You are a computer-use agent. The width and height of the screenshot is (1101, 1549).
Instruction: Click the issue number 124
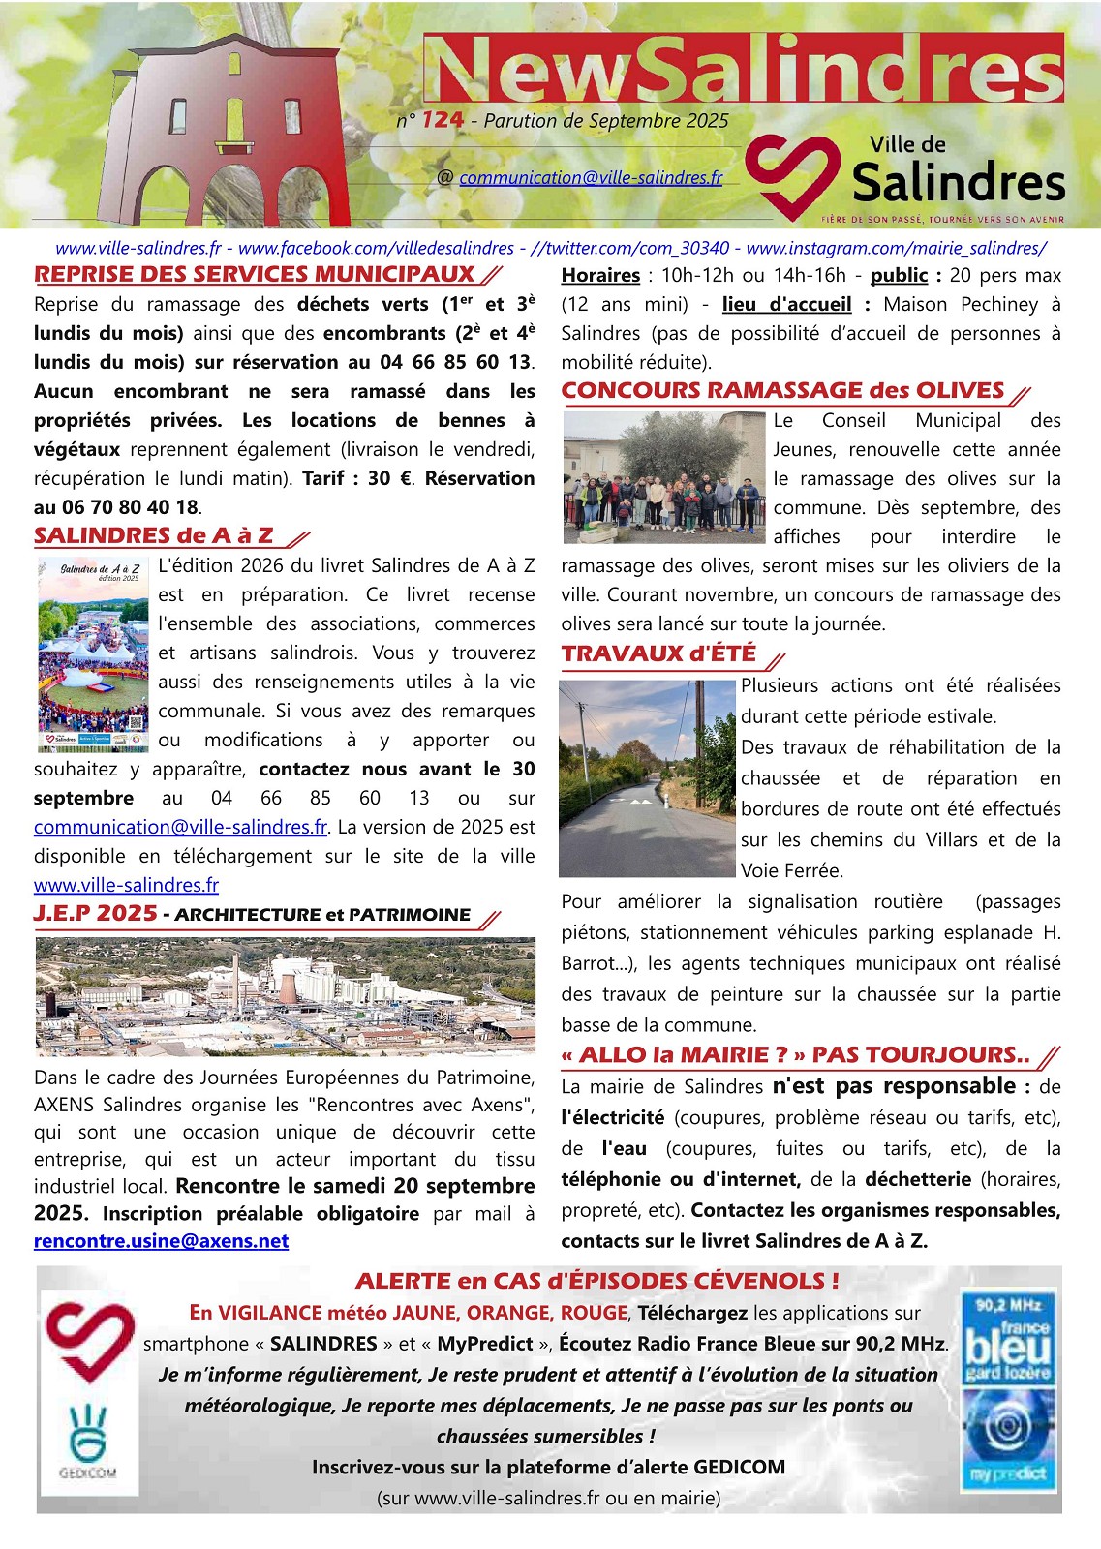[x=443, y=120]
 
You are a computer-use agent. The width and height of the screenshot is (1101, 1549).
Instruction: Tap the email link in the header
[x=591, y=178]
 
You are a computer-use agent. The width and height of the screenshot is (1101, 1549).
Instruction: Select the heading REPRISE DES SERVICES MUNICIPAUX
[x=255, y=274]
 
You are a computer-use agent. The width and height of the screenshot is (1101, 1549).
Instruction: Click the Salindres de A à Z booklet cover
[x=93, y=653]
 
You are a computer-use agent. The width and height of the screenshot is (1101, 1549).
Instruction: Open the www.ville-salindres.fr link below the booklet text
[x=126, y=885]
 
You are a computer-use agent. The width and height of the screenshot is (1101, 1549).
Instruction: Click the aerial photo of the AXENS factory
[x=285, y=995]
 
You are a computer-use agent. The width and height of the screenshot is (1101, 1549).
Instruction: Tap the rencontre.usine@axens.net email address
[x=161, y=1241]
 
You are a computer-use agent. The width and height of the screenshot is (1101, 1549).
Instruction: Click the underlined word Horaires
[x=600, y=275]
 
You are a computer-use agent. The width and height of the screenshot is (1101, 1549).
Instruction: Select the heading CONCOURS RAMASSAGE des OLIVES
[x=782, y=390]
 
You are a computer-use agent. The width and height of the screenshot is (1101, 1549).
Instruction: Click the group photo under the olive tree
[x=664, y=477]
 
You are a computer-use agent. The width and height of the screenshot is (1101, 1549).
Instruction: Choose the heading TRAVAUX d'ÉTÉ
[x=658, y=653]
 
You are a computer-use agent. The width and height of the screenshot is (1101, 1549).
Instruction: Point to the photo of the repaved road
[x=647, y=778]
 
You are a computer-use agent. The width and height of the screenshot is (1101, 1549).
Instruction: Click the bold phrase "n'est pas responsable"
[x=894, y=1086]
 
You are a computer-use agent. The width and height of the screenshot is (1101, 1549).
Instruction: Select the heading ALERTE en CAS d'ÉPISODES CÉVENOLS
[x=596, y=1281]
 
